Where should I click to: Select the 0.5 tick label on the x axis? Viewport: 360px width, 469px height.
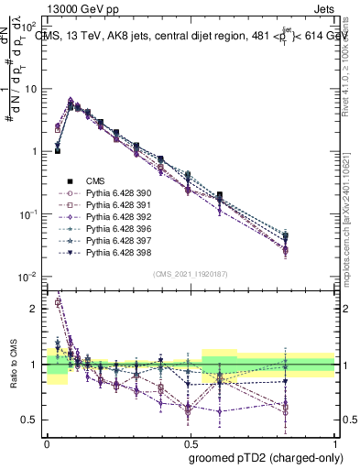pyautogui.click(x=191, y=442)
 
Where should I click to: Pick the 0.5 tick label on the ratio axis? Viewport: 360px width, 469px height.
pyautogui.click(x=31, y=420)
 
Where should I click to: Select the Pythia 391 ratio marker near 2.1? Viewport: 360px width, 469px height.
pyautogui.click(x=59, y=301)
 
